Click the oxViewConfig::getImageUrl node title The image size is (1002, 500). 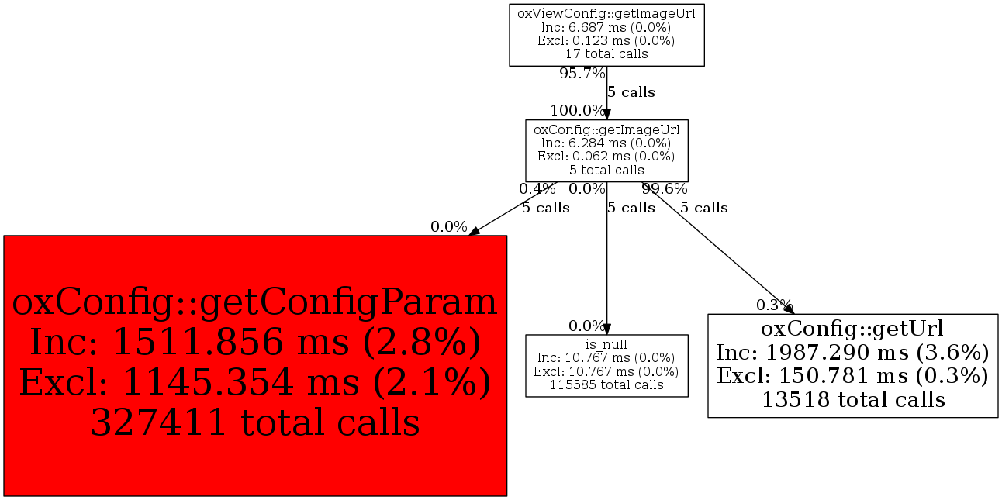[x=606, y=14]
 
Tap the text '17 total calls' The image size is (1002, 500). [x=606, y=54]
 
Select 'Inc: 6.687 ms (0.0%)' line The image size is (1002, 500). [x=606, y=27]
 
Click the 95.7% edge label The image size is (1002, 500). [x=582, y=74]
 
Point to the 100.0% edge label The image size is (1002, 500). [x=578, y=110]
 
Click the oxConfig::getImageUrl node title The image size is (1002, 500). [x=606, y=129]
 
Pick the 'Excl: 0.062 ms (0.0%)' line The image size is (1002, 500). [x=606, y=157]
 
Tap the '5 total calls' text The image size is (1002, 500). [x=606, y=171]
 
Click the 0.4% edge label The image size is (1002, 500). [x=537, y=189]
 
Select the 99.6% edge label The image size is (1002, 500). [x=665, y=189]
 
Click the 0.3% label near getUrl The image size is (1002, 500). [x=774, y=305]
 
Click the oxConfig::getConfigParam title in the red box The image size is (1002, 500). [x=255, y=303]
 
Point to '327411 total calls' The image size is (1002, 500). [x=255, y=422]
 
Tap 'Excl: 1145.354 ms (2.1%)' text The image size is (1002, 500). [x=255, y=383]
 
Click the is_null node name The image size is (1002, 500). [x=606, y=344]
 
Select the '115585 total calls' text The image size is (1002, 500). [x=606, y=385]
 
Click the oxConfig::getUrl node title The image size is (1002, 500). [x=852, y=329]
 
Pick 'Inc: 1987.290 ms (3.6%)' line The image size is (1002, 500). [x=852, y=353]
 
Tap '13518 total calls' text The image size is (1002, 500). [x=852, y=400]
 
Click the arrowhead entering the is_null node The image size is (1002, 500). [x=606, y=329]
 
